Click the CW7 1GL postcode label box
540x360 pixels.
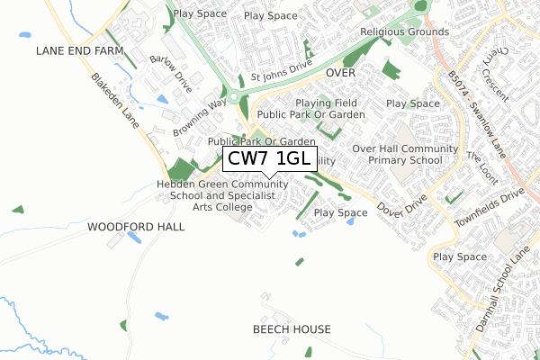[268, 159]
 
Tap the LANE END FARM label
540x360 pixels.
[79, 51]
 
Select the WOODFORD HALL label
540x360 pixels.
[136, 227]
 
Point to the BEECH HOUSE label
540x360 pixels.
[292, 329]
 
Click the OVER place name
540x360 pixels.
[343, 72]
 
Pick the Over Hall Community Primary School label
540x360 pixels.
[399, 154]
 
